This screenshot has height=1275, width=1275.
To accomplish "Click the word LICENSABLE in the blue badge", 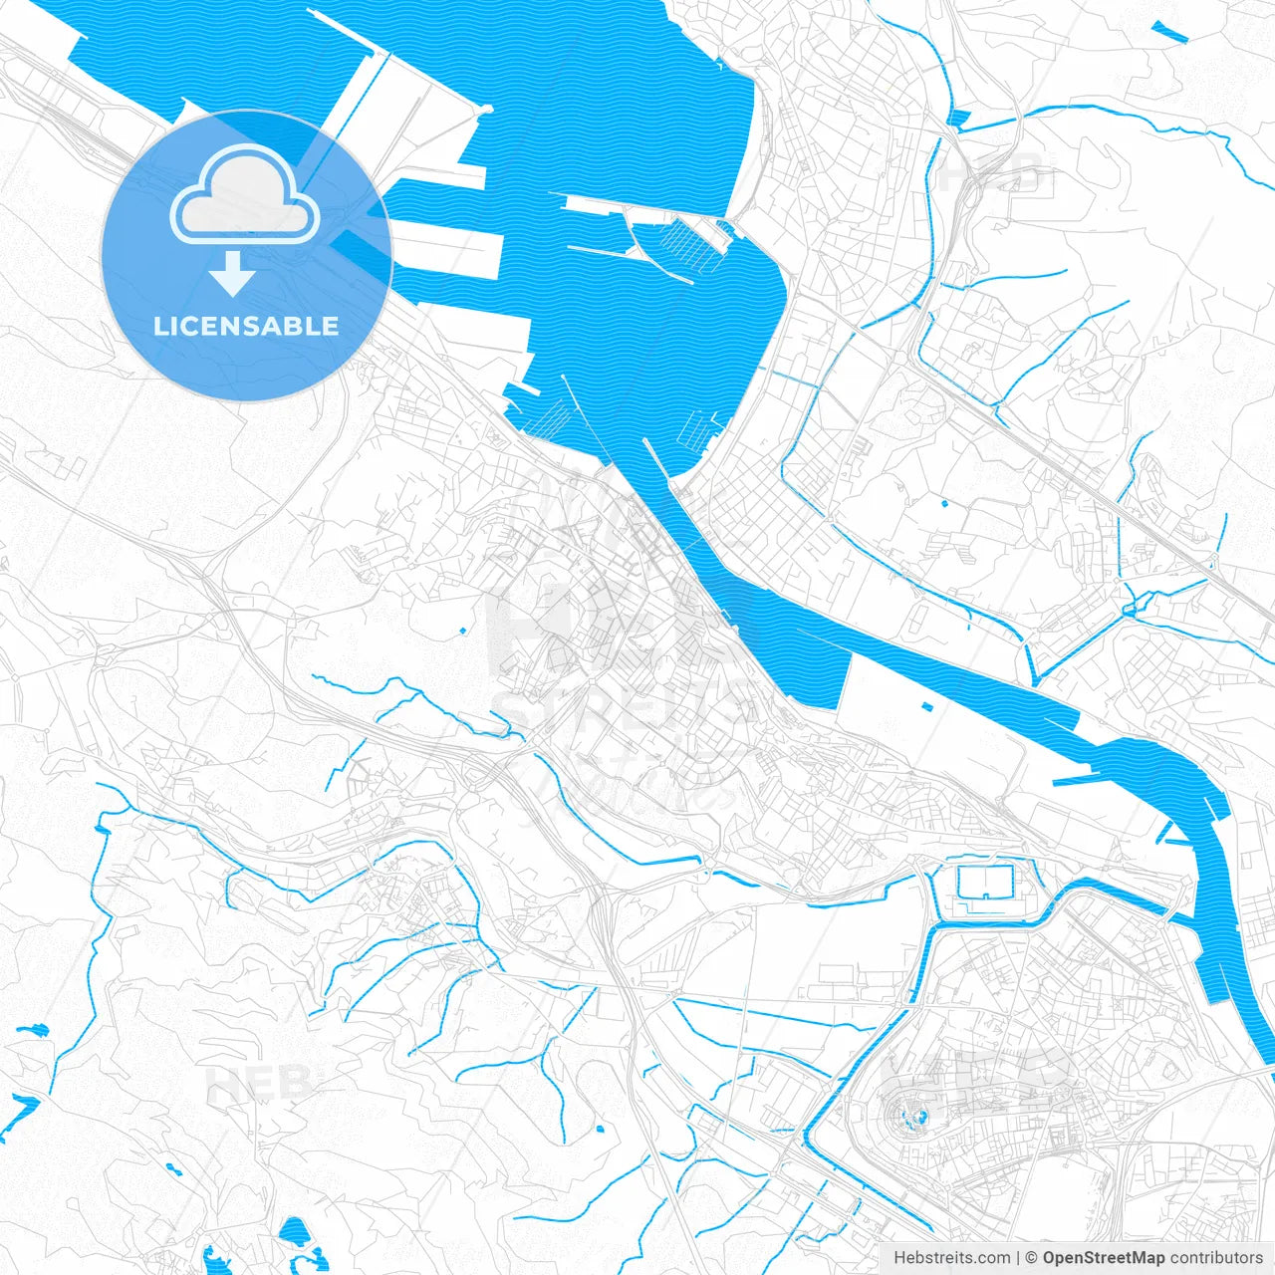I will (x=246, y=327).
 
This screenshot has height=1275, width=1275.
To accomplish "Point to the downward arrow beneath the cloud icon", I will (x=232, y=273).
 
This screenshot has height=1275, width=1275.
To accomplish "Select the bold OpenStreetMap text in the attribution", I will (x=1104, y=1258).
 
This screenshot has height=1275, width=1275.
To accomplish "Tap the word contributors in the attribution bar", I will (x=1215, y=1258).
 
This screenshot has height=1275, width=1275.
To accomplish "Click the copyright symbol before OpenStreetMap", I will (x=1032, y=1258).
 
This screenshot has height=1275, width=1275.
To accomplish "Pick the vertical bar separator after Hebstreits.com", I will (x=1018, y=1258).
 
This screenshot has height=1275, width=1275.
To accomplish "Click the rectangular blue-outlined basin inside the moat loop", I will (x=984, y=882).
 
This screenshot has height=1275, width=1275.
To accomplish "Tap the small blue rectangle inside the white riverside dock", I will (x=927, y=706).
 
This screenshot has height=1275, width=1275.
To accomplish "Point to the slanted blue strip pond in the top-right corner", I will (x=1170, y=31).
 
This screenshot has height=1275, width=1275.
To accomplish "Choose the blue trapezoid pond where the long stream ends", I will (x=958, y=120).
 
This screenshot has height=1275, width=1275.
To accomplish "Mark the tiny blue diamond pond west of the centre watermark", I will (x=463, y=631).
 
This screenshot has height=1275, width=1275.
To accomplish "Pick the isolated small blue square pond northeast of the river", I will (x=944, y=502).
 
